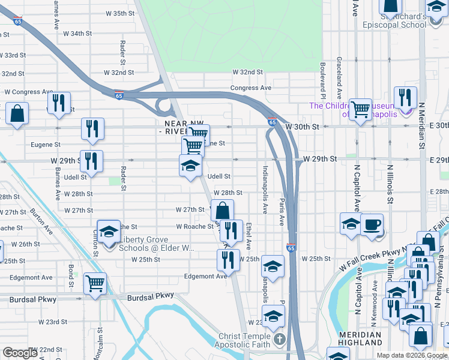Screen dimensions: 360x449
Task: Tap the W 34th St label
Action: tap(77, 34)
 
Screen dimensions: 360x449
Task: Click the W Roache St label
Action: tap(194, 227)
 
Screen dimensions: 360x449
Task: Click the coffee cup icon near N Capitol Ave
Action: tap(372, 223)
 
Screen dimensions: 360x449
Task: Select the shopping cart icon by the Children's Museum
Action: tap(360, 109)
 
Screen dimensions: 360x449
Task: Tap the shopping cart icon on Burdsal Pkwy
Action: tap(95, 283)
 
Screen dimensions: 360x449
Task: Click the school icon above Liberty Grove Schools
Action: tap(109, 230)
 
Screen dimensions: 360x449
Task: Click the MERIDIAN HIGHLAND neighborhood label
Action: tap(360, 338)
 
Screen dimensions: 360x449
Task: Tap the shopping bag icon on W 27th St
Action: tap(222, 210)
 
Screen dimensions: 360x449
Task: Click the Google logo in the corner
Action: tap(20, 353)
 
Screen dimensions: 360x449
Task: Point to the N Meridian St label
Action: tap(422, 127)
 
